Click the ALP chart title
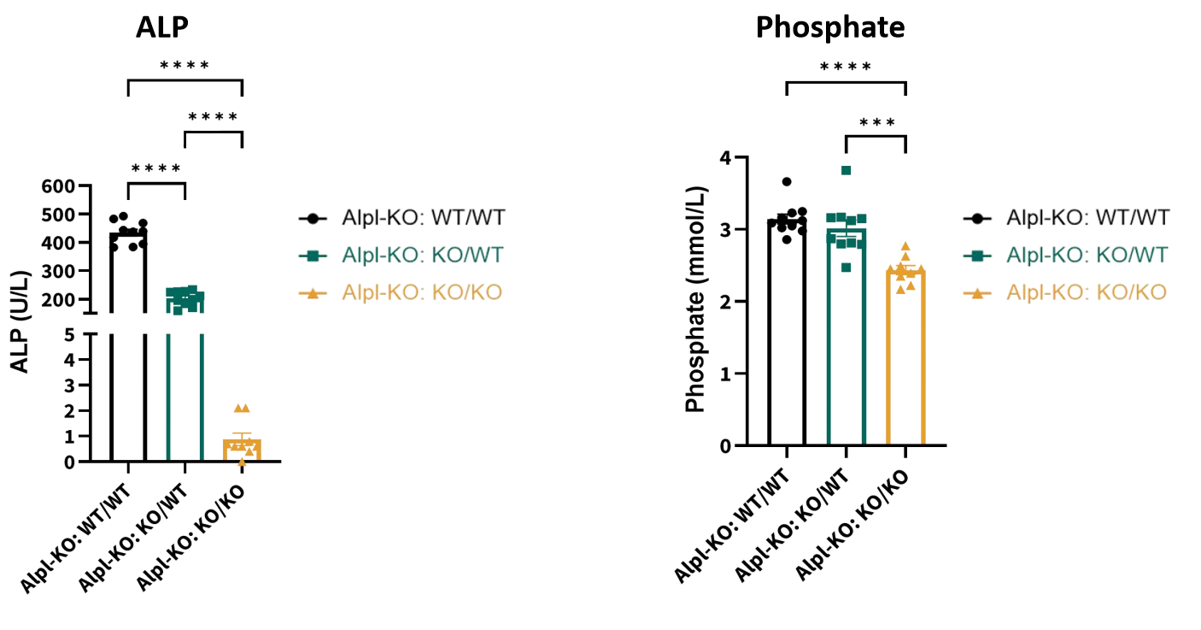pyautogui.click(x=161, y=26)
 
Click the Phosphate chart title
pyautogui.click(x=829, y=27)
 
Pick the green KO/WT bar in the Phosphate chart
pyautogui.click(x=847, y=342)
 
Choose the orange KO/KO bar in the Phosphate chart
pyautogui.click(x=906, y=359)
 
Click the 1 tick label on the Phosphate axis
pyautogui.click(x=725, y=374)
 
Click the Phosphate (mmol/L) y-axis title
pyautogui.click(x=696, y=298)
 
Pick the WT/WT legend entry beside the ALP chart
pyautogui.click(x=402, y=217)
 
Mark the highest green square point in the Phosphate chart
pyautogui.click(x=846, y=170)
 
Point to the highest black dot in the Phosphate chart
pyautogui.click(x=787, y=181)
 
